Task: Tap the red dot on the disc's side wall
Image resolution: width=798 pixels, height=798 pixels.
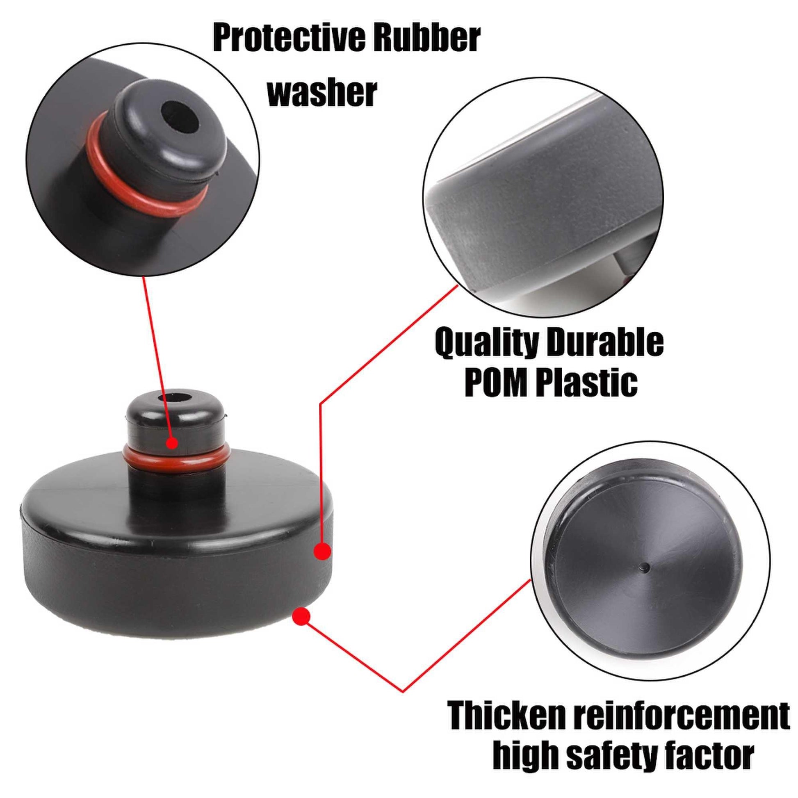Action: coord(323,552)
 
